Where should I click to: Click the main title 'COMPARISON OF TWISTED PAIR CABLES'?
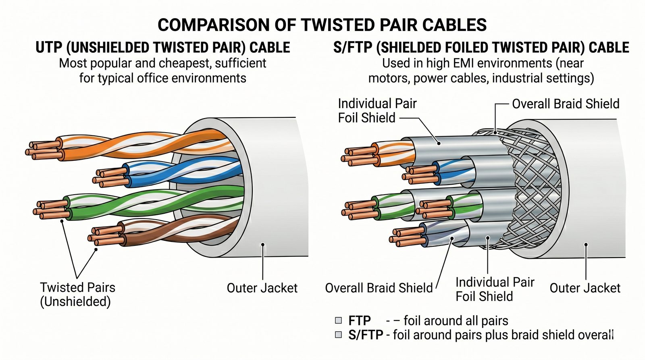point(322,25)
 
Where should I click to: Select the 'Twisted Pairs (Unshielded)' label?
point(77,294)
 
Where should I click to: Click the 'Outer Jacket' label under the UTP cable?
point(262,288)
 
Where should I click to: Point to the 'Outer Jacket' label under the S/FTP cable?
point(585,288)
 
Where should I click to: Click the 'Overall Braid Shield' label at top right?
point(566,104)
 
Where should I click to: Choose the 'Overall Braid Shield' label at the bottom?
point(379,288)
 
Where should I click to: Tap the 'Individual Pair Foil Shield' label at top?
point(377,110)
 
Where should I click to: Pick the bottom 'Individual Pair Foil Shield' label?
point(495,289)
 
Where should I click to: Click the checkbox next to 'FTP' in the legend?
point(339,320)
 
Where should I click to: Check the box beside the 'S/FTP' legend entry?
point(339,335)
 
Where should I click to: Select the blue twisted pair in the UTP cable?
point(181,171)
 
